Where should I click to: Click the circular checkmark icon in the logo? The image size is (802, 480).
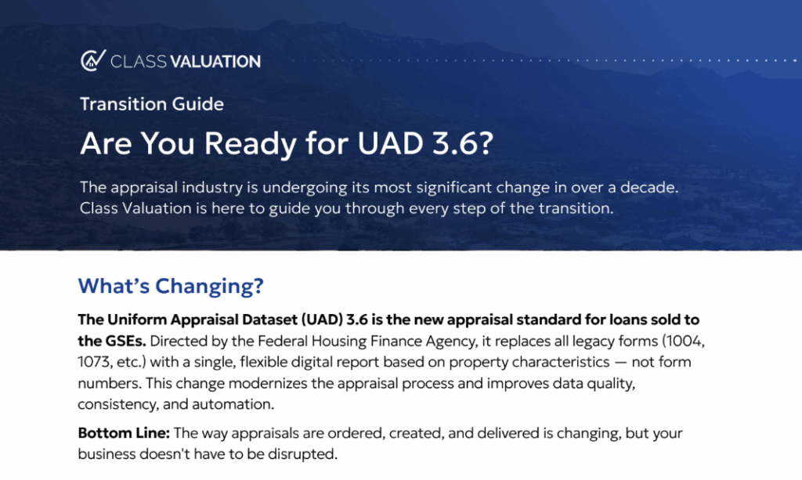click(93, 60)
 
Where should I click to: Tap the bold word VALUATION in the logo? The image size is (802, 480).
click(215, 61)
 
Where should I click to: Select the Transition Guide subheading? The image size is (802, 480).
click(152, 104)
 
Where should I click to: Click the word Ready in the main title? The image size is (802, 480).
click(250, 143)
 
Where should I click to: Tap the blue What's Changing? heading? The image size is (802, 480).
click(171, 286)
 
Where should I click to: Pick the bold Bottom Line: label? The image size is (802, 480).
click(124, 433)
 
